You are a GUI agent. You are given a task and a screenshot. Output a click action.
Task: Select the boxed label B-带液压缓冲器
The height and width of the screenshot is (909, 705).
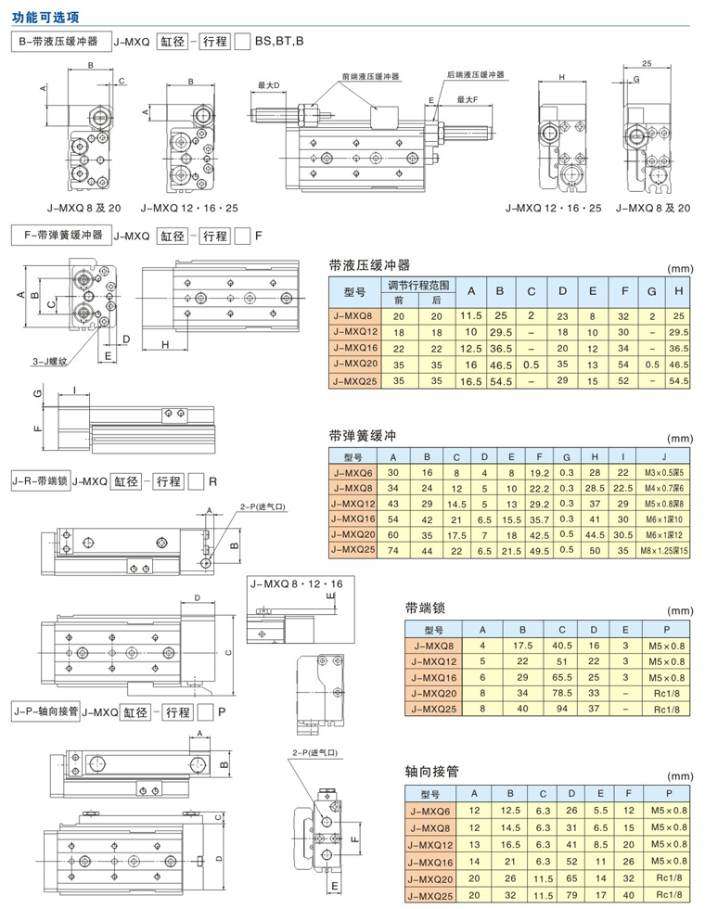point(61,42)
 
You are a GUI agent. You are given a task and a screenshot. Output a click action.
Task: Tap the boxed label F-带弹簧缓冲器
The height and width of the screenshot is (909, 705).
point(61,235)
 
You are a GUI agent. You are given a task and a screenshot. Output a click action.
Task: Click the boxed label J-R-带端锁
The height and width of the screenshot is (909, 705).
point(40,480)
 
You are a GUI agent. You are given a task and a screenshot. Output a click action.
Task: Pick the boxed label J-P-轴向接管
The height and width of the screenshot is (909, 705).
point(44,711)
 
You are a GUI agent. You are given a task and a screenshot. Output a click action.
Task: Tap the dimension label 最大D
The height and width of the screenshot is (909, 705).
point(269,85)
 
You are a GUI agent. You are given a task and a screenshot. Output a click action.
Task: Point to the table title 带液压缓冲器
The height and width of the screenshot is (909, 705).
point(368,263)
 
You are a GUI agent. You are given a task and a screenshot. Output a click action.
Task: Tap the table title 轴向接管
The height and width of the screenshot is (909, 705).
point(432,771)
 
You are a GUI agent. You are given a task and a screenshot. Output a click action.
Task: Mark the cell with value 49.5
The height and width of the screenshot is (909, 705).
point(539,551)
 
